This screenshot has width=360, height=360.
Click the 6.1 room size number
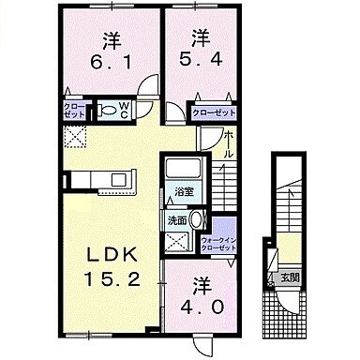coord(104,62)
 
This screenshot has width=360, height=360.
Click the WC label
coord(124,111)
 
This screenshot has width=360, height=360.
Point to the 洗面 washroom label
coord(176,220)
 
